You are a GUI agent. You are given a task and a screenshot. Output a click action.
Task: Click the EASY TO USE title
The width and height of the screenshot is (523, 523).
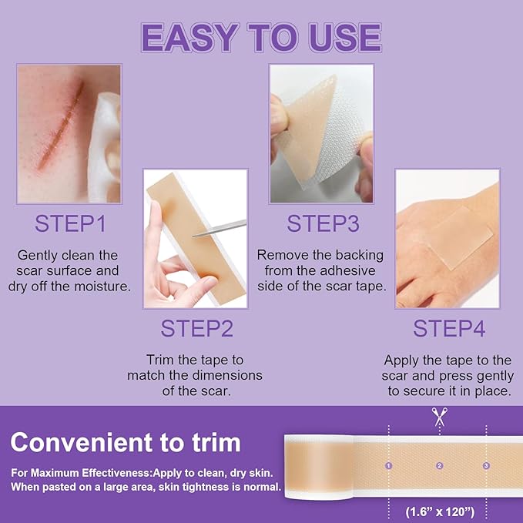pos(261,38)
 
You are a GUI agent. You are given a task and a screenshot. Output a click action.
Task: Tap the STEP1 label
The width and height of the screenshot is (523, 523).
pos(70,224)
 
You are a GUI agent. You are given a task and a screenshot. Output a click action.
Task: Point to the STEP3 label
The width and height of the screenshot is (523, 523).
pos(322,224)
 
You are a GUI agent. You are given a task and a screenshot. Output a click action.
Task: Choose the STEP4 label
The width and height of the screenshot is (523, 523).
pos(448,328)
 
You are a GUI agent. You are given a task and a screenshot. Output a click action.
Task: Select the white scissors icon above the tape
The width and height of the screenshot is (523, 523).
pos(440,417)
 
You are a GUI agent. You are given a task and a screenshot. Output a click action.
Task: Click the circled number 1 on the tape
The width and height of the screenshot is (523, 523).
pos(389,465)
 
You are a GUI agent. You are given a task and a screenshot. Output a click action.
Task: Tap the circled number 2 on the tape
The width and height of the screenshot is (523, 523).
pos(440,465)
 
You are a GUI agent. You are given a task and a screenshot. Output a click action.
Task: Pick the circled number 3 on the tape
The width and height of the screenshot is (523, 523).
pos(486,465)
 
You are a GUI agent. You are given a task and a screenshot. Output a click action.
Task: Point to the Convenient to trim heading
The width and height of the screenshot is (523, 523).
pos(126,442)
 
